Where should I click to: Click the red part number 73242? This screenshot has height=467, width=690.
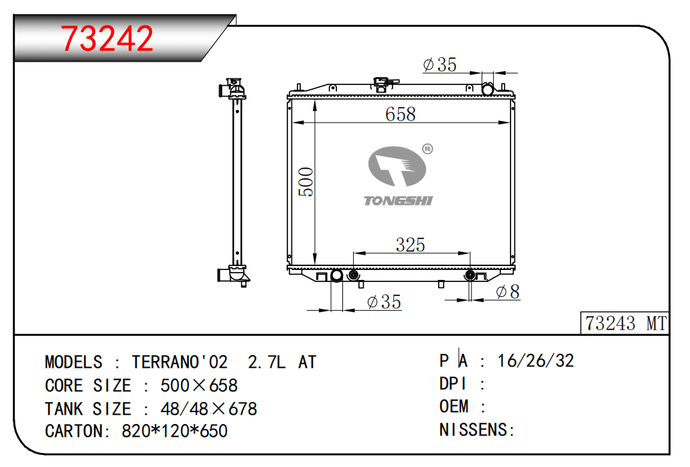(107, 39)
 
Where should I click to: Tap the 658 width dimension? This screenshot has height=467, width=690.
(400, 114)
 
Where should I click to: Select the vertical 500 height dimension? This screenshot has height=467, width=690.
(306, 182)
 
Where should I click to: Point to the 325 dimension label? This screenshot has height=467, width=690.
(410, 245)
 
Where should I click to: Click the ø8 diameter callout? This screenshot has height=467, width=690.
(508, 291)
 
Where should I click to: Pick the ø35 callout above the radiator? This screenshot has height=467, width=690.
(439, 65)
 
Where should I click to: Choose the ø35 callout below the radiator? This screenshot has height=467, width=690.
(384, 302)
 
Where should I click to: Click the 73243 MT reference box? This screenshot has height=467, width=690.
(625, 323)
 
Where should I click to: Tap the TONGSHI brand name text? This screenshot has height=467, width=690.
(398, 201)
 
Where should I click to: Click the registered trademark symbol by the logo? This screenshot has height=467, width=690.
(427, 149)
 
